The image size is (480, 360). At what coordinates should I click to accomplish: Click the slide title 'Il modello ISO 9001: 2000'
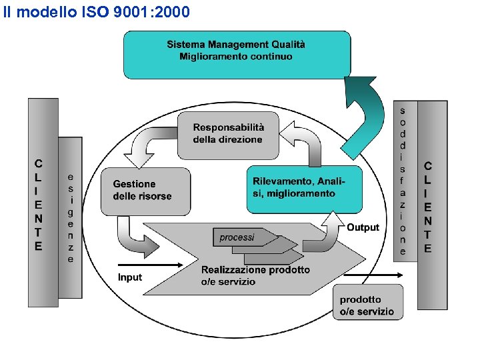[97, 12]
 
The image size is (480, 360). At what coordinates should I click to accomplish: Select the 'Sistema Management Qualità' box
[236, 45]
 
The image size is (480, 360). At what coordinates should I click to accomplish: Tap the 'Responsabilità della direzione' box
[228, 133]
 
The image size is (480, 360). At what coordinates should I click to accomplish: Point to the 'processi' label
[237, 237]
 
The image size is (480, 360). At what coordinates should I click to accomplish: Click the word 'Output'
[363, 227]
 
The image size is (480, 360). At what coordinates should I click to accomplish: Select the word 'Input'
[130, 277]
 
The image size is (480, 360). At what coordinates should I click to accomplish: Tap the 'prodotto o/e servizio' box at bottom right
[367, 305]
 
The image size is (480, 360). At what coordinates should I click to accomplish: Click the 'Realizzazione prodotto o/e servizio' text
[255, 275]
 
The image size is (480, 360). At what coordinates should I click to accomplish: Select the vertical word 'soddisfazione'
[403, 180]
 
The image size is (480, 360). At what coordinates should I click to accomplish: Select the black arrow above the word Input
[150, 265]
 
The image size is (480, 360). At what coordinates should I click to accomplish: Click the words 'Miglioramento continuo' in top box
[236, 57]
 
